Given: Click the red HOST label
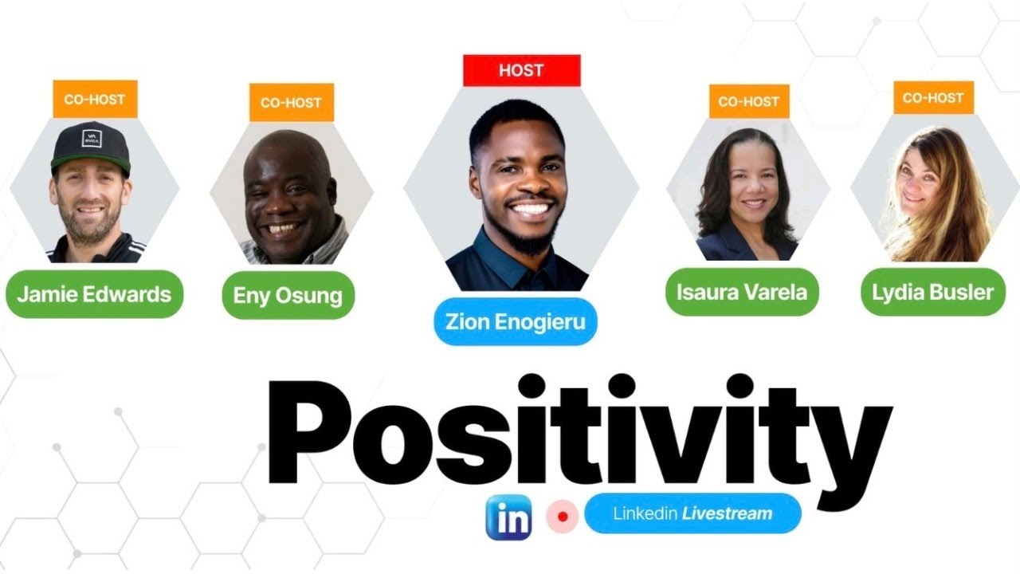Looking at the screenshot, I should click(521, 70).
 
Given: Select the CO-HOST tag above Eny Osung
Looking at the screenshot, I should click(291, 103).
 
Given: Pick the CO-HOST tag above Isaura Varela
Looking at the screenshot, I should click(749, 101).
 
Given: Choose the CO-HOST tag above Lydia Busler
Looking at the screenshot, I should click(933, 98).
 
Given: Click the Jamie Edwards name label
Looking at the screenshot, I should click(94, 294).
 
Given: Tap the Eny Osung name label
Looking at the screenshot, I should click(288, 296).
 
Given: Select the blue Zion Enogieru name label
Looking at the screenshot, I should click(515, 322).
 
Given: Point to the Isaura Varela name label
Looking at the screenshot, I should click(741, 292).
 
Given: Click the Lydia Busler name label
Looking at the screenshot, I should click(932, 292).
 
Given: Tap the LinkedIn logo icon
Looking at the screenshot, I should click(509, 518).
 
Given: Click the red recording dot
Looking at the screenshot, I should click(563, 517).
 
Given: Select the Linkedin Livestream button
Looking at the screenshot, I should click(692, 513).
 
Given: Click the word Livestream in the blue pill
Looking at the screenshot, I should click(727, 513).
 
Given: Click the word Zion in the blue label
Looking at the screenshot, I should click(469, 322).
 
